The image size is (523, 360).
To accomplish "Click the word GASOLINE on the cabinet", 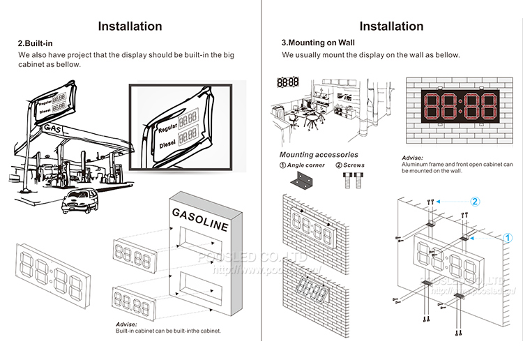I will pyautogui.click(x=199, y=218).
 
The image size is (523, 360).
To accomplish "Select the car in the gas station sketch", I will pyautogui.click(x=79, y=202).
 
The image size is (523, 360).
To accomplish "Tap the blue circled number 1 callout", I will pyautogui.click(x=508, y=237).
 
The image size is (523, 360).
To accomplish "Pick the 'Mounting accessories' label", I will pyautogui.click(x=319, y=154).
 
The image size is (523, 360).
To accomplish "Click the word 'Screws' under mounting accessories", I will pyautogui.click(x=354, y=165).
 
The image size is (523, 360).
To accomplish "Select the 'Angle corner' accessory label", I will pyautogui.click(x=307, y=165).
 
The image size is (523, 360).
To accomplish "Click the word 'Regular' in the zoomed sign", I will pyautogui.click(x=167, y=129).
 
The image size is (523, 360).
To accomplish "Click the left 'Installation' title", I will pyautogui.click(x=130, y=27).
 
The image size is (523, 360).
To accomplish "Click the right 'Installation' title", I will pyautogui.click(x=391, y=27).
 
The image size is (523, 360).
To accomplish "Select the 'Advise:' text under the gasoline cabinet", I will pyautogui.click(x=126, y=324).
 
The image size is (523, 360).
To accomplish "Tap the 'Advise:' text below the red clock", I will pyautogui.click(x=413, y=158).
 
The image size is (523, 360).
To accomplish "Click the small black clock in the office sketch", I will pyautogui.click(x=288, y=82).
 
